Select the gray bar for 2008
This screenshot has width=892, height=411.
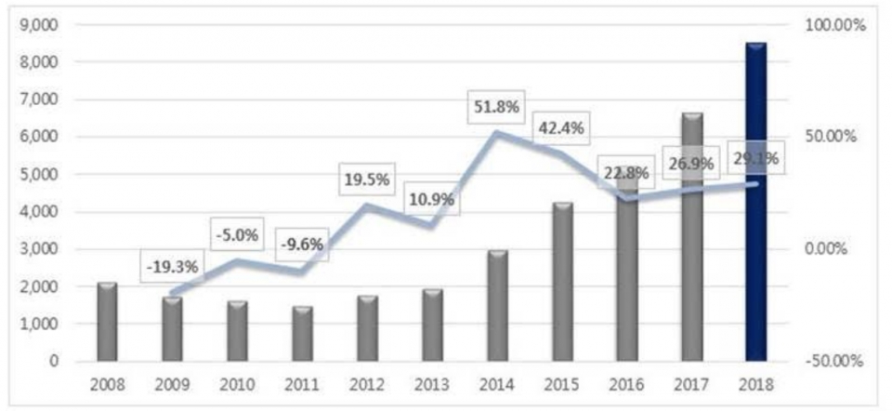pyautogui.click(x=107, y=322)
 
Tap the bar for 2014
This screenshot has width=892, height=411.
pyautogui.click(x=496, y=306)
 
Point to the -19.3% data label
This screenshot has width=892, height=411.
pyautogui.click(x=171, y=267)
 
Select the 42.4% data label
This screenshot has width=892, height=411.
pyautogui.click(x=560, y=128)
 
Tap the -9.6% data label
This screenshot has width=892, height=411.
pyautogui.click(x=301, y=245)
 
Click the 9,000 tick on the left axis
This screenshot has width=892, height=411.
pyautogui.click(x=40, y=25)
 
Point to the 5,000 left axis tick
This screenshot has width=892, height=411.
pyautogui.click(x=40, y=175)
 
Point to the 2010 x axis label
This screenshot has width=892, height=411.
pyautogui.click(x=236, y=383)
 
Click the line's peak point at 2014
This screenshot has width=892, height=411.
pyautogui.click(x=496, y=133)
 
